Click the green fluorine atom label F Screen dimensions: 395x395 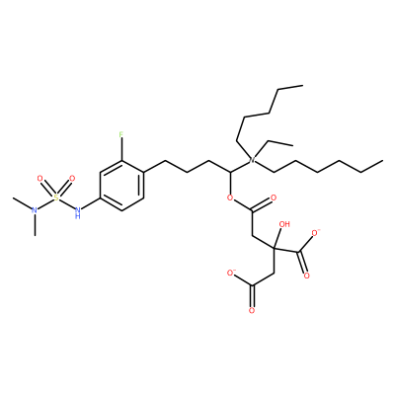[x=121, y=134]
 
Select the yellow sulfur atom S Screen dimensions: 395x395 [x=56, y=197]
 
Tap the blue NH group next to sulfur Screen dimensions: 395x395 [x=78, y=212]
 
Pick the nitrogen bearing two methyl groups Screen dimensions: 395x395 [x=34, y=210]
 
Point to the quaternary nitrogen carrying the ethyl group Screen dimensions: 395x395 [x=252, y=160]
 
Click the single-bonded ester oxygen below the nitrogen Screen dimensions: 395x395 [x=230, y=197]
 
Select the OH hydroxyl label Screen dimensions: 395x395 [x=284, y=224]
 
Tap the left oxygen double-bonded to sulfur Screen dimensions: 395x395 [x=39, y=179]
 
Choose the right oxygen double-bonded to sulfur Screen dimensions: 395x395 [x=72, y=179]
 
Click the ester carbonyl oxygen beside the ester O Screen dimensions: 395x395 [x=274, y=197]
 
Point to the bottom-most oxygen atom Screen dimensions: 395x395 [x=252, y=310]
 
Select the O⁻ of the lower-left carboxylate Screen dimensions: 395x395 [x=231, y=273]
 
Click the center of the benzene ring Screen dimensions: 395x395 [x=121, y=185]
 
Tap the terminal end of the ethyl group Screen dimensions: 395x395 [x=292, y=145]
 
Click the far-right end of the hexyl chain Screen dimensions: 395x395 [x=383, y=161]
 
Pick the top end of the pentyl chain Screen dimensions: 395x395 [x=302, y=86]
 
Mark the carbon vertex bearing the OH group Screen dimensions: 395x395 [x=274, y=247]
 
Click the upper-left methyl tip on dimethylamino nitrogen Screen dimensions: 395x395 [x=13, y=198]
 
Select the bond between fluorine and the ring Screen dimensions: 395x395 [x=121, y=149]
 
